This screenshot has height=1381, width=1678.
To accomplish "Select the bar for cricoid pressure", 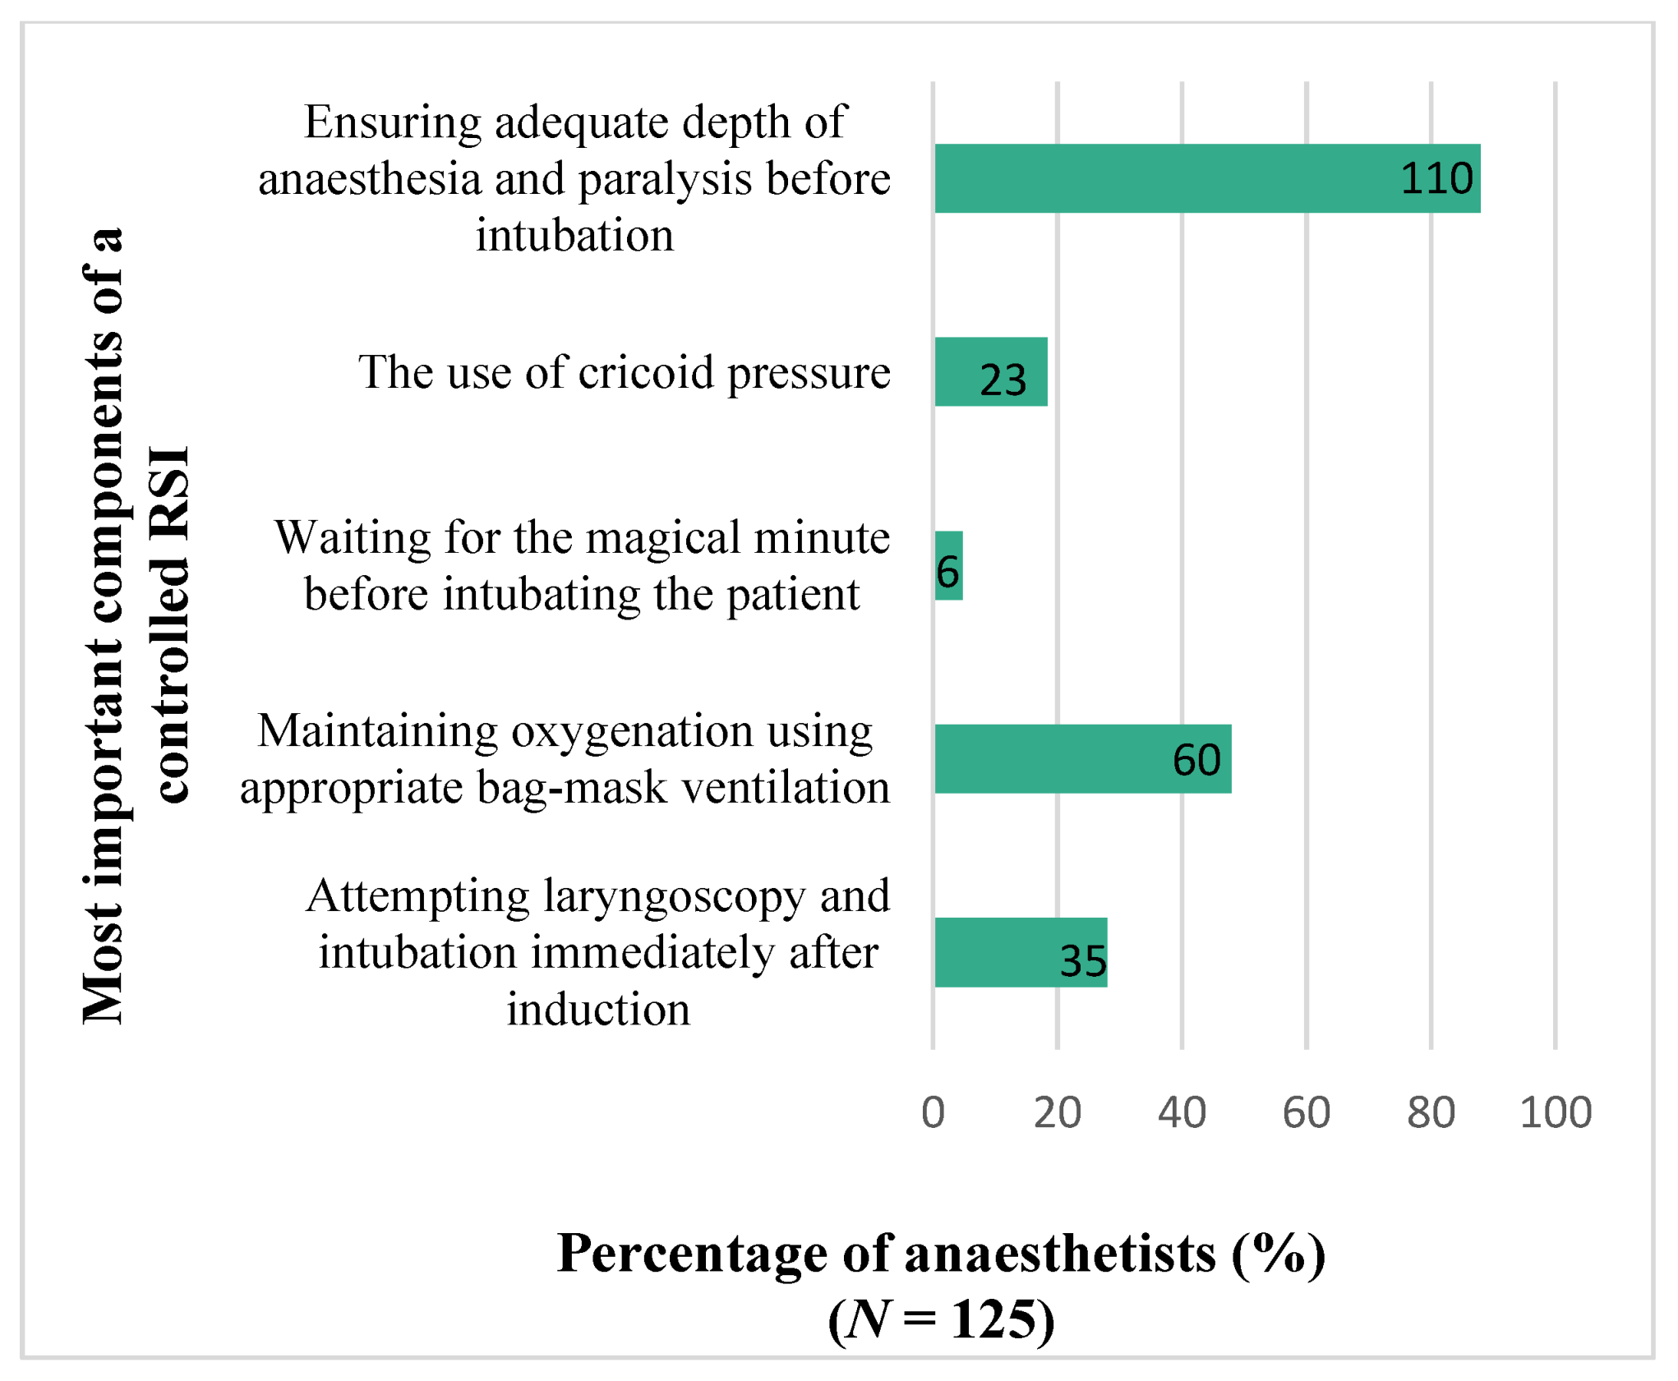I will (990, 371).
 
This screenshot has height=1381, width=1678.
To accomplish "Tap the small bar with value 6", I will (948, 566).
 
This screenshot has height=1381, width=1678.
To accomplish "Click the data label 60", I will (1196, 760).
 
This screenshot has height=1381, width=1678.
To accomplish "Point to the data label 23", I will (1003, 380).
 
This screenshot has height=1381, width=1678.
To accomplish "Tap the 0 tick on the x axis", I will (933, 1113).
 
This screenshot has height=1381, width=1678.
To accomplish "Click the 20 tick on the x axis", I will (1057, 1113).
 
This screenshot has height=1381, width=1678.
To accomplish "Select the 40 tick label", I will (1182, 1113).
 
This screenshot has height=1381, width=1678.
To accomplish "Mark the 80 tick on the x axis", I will (1431, 1113).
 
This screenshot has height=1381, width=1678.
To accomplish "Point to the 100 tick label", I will (1556, 1113).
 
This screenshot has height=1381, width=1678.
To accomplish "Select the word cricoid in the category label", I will (646, 372).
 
